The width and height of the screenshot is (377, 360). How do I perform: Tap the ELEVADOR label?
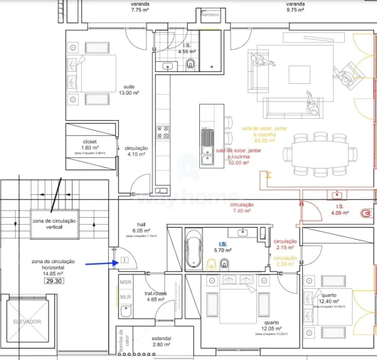(27, 322)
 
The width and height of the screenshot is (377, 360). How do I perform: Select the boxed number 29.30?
(54, 281)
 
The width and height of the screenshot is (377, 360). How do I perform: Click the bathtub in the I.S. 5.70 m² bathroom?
(193, 251)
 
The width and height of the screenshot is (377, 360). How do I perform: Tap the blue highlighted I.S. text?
(222, 243)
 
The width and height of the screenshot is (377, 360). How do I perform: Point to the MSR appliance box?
(124, 282)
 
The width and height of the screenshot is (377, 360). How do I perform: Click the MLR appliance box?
(124, 297)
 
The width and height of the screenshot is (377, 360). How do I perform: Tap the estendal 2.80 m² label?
(161, 342)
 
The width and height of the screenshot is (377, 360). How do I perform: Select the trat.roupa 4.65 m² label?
(155, 297)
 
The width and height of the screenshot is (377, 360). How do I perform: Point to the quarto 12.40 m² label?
(329, 299)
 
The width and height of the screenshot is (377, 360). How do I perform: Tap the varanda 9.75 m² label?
(295, 8)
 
